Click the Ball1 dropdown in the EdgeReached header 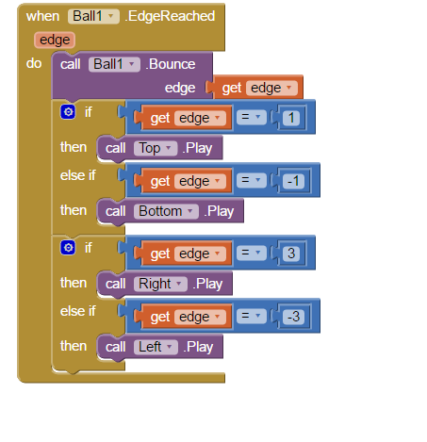coord(93,16)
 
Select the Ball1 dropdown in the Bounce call coord(114,64)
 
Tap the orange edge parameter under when coord(55,40)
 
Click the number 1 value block coord(291,118)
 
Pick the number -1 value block coord(293,181)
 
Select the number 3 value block coord(291,254)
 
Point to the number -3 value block coord(293,317)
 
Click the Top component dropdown coord(156,148)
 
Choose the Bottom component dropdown coord(166,211)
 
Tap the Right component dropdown coord(160,284)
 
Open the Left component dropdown coord(156,347)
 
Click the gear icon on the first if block coord(68,112)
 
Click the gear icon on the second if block coord(68,248)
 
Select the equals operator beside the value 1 coord(252,117)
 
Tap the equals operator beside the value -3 coord(252,316)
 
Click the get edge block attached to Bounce coord(256,88)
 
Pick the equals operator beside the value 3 coord(252,253)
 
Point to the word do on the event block coord(34,63)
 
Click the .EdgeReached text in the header coord(170,16)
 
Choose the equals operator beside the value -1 coord(252,180)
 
